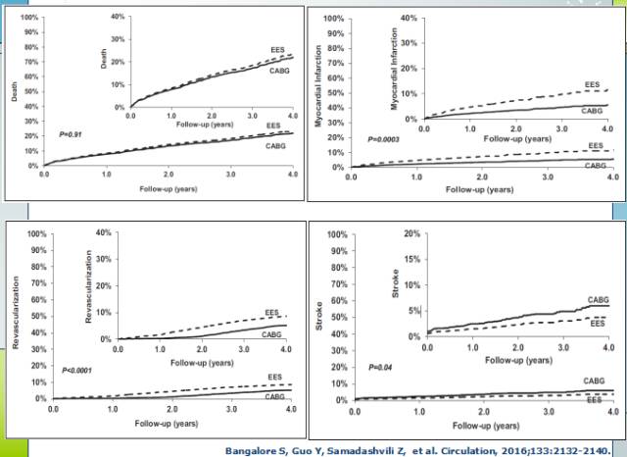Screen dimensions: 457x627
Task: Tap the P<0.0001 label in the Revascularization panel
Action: [x=77, y=370]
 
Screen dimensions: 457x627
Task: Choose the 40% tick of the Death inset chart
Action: [x=118, y=19]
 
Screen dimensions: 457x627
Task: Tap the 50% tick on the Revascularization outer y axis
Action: [x=35, y=317]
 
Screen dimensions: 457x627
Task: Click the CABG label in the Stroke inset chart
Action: [x=598, y=299]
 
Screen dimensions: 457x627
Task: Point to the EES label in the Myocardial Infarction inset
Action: [x=591, y=84]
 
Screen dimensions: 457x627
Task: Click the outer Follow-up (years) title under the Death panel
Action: [x=169, y=185]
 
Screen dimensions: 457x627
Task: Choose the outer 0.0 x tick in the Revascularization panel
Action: [x=54, y=408]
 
